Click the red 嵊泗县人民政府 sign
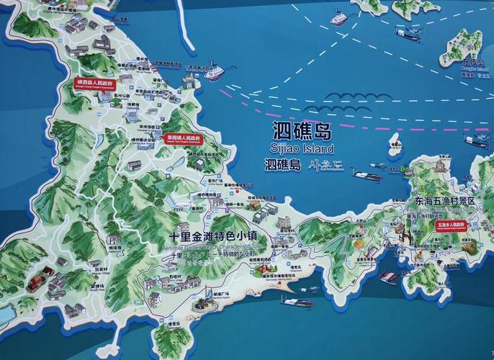tap(96, 84)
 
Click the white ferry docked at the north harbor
tap(214, 73)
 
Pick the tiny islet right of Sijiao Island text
tap(395, 143)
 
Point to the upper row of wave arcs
tap(346, 97)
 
